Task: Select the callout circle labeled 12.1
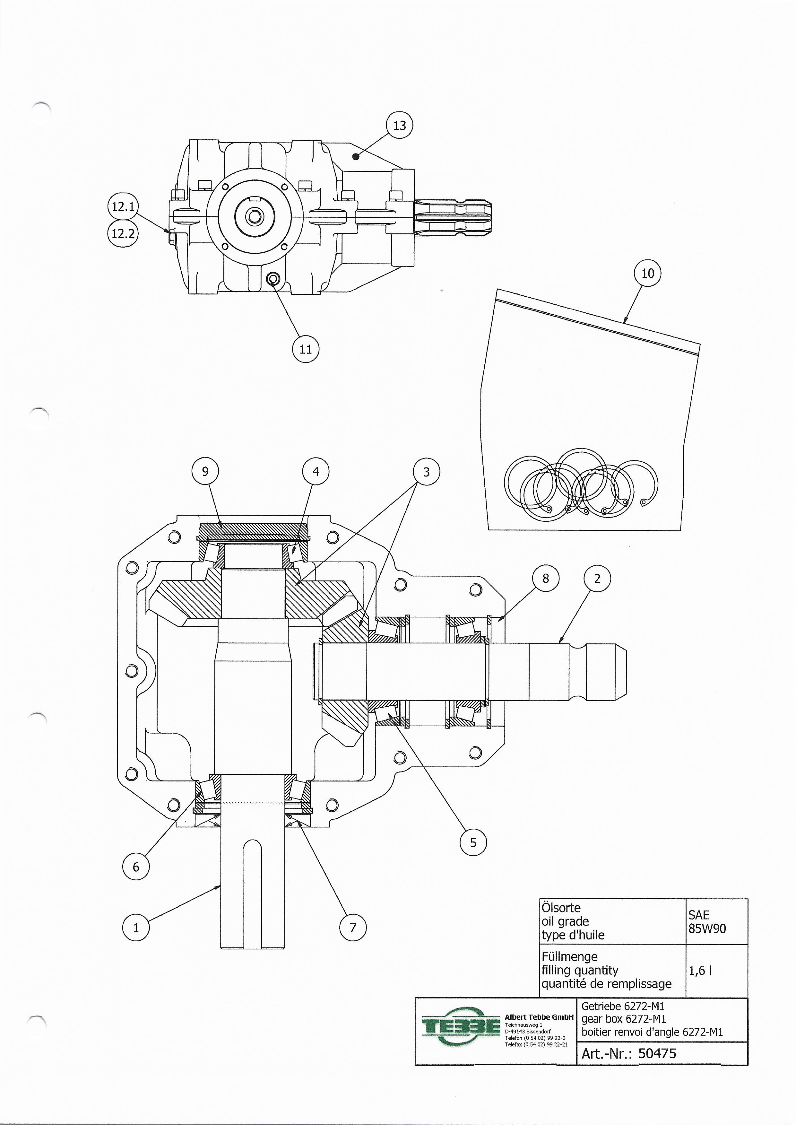123,206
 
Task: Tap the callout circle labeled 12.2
123,233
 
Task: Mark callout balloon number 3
426,472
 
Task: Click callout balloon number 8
546,579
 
